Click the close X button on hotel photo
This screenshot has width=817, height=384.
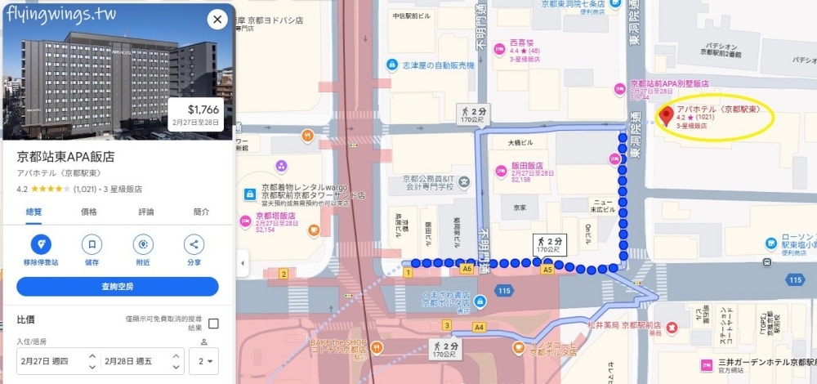pyautogui.click(x=217, y=20)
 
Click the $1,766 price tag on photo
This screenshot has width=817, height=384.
pyautogui.click(x=196, y=114)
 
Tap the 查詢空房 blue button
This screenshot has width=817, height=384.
pyautogui.click(x=118, y=287)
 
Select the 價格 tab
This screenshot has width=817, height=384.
pyautogui.click(x=88, y=212)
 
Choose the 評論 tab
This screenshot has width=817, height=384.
pyautogui.click(x=145, y=212)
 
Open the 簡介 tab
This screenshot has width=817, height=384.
pyautogui.click(x=201, y=212)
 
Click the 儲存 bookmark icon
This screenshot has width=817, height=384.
pyautogui.click(x=92, y=244)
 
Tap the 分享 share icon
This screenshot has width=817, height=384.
pyautogui.click(x=194, y=244)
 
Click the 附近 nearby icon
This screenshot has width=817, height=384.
pyautogui.click(x=143, y=244)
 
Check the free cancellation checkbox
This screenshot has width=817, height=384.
pyautogui.click(x=213, y=324)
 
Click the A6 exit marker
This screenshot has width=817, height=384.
pyautogui.click(x=467, y=269)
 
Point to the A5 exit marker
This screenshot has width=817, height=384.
pyautogui.click(x=547, y=269)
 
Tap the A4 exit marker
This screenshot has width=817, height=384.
pyautogui.click(x=479, y=328)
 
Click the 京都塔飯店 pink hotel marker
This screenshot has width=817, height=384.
pyautogui.click(x=243, y=220)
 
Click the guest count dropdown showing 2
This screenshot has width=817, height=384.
pyautogui.click(x=204, y=360)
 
